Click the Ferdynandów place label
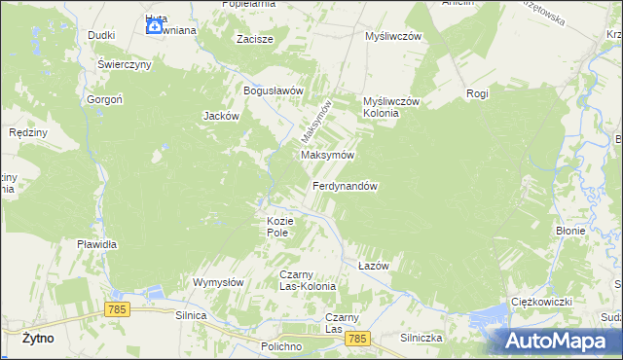(345, 186)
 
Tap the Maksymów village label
(326, 155)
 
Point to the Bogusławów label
(274, 90)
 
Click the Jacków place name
(221, 116)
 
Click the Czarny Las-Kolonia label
(308, 281)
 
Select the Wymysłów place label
(216, 282)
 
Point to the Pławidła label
(97, 244)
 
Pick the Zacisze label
(255, 40)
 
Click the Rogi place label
(477, 93)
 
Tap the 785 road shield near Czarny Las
(358, 338)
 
